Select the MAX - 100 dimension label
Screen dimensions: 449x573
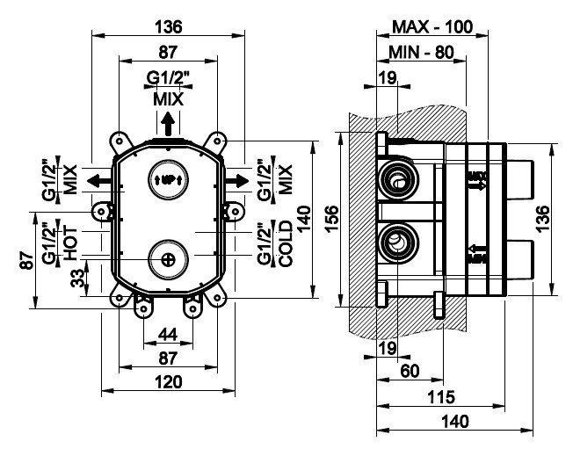[433, 26]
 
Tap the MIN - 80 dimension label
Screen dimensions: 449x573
[421, 53]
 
